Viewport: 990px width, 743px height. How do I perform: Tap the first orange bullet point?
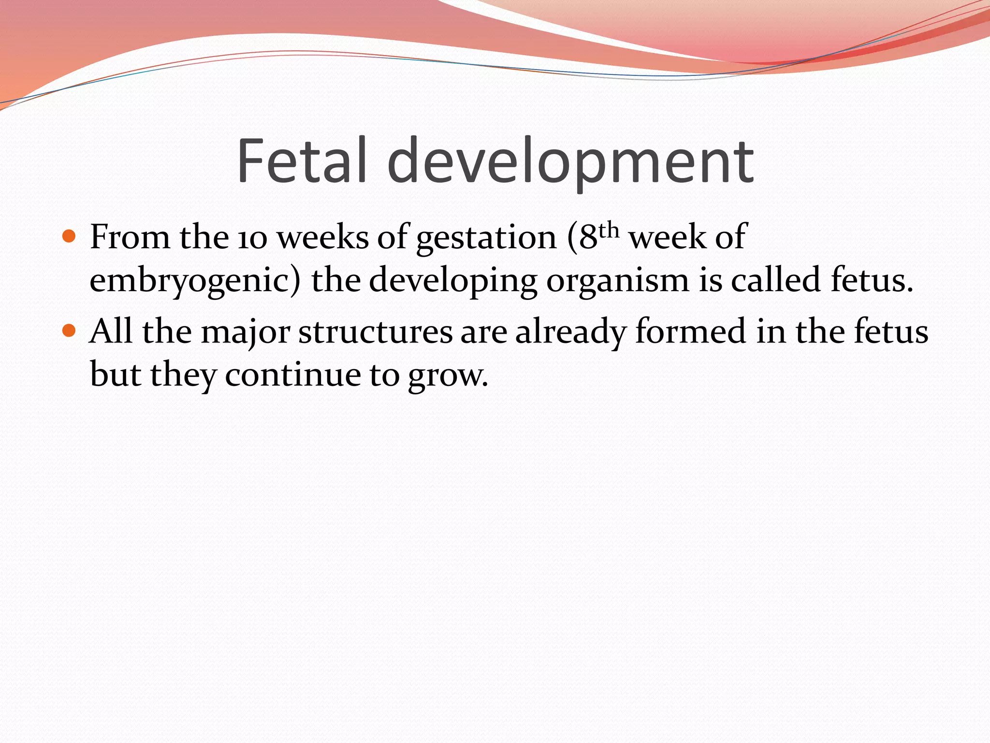70,237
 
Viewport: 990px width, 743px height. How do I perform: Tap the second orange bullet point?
70,331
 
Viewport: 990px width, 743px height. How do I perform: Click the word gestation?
486,238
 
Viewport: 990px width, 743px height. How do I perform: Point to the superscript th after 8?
609,230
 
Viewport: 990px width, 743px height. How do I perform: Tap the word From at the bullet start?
130,238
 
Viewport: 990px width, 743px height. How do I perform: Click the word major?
246,333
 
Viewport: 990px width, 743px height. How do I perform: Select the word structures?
376,333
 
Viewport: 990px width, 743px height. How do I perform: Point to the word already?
571,333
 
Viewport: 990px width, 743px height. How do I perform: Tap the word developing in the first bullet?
453,281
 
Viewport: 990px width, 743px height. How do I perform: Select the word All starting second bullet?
111,332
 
